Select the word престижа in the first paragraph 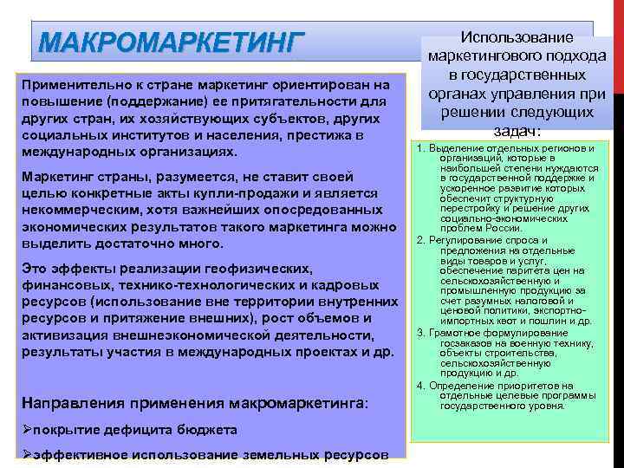[x=309, y=135]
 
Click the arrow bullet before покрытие [x=25, y=429]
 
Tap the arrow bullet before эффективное [x=25, y=455]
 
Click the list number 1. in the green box [x=420, y=149]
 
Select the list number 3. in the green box [x=420, y=333]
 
